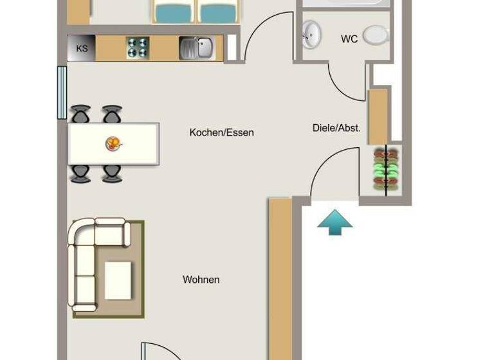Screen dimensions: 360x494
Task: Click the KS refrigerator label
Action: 82,48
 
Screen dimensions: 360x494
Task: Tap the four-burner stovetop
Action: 137,48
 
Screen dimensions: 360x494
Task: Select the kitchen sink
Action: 197,48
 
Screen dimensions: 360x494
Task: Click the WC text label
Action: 349,39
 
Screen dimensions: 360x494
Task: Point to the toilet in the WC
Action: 376,35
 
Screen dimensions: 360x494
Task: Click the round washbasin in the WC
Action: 312,34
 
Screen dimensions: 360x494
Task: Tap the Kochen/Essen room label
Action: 221,132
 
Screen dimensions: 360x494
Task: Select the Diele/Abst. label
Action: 336,128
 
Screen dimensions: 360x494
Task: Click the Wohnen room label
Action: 201,280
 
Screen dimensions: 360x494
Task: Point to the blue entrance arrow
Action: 335,222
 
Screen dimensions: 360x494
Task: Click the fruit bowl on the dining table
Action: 113,143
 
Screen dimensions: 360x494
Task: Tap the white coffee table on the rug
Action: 118,280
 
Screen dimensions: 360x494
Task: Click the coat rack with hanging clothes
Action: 387,170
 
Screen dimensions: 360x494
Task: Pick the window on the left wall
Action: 62,93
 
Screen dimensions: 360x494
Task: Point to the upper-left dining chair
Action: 80,114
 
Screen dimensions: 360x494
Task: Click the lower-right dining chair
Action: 112,173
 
